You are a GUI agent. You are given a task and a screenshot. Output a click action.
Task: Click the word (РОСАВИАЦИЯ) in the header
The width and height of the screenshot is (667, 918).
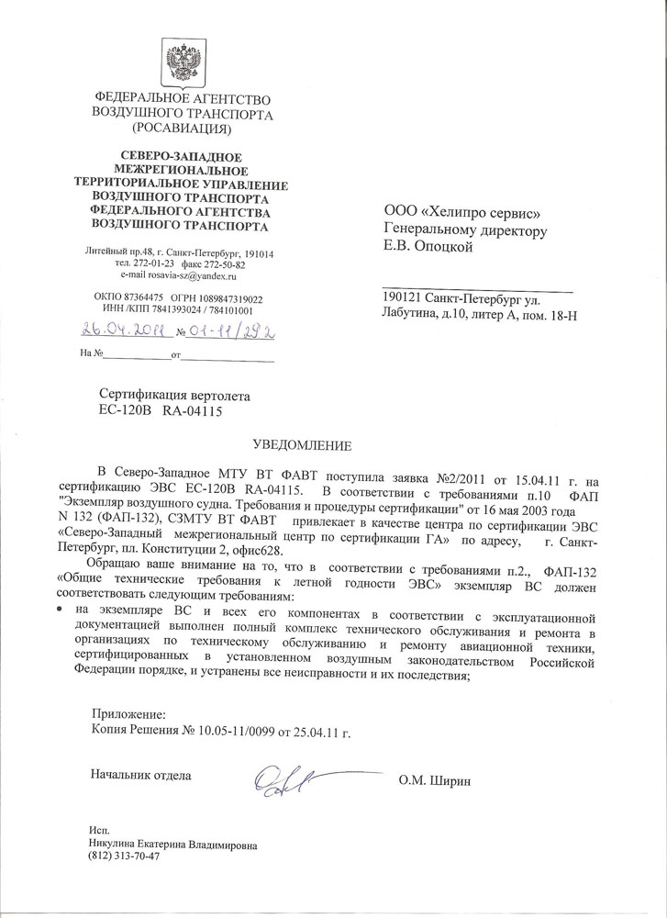click(x=183, y=129)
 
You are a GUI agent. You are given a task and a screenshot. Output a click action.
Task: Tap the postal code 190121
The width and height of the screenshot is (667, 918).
click(x=402, y=299)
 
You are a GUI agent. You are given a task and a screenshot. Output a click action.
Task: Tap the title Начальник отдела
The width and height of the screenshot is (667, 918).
click(x=140, y=776)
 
